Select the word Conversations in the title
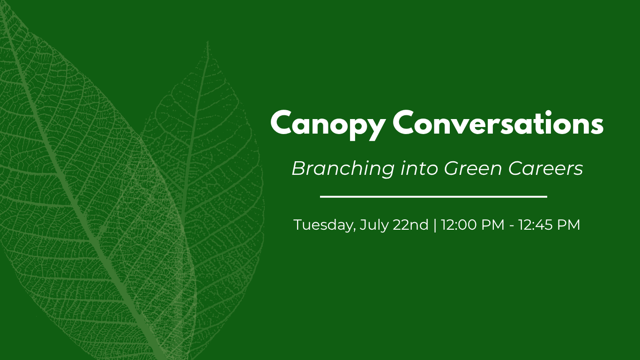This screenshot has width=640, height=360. tap(498, 122)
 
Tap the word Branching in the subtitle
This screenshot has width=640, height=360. tap(343, 169)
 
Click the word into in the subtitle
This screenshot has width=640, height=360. tap(419, 168)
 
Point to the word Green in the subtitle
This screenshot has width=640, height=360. tap(473, 168)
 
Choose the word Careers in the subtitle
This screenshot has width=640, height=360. tap(546, 168)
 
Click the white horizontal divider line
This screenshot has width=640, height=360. tap(433, 197)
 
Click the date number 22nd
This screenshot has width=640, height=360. tap(410, 225)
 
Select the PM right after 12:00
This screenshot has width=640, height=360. tap(493, 225)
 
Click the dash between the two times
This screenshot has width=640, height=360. tap(511, 226)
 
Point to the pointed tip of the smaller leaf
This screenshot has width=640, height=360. tap(208, 42)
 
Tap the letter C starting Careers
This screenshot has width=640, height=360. tap(515, 168)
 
